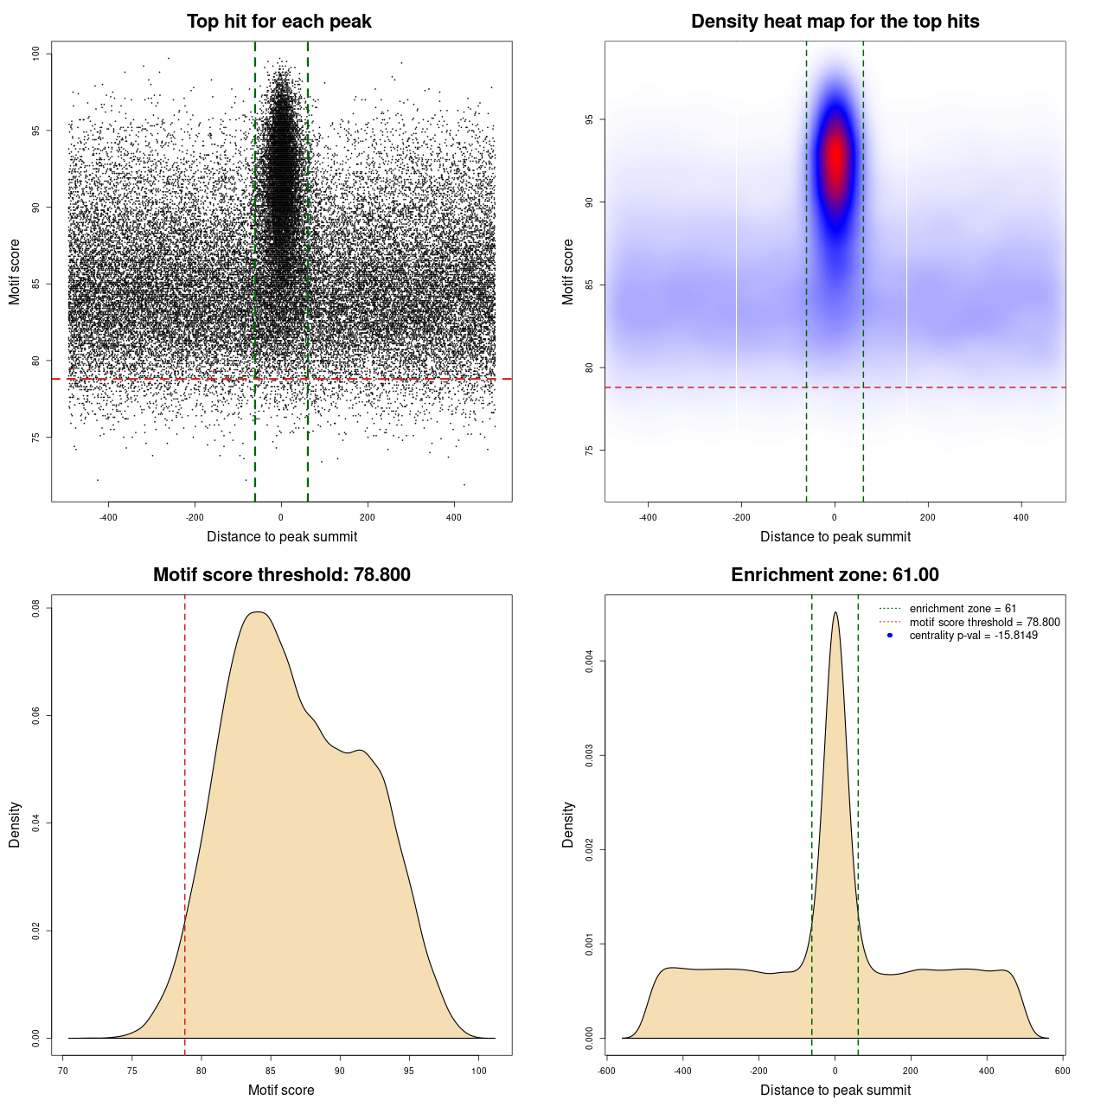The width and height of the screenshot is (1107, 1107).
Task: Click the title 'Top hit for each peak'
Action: (278, 22)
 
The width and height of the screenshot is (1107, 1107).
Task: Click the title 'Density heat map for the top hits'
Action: (835, 22)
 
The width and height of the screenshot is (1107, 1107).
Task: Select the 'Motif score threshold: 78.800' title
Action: (281, 575)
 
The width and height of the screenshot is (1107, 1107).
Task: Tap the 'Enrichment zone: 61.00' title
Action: (835, 575)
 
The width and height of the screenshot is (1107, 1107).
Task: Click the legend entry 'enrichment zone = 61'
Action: (963, 609)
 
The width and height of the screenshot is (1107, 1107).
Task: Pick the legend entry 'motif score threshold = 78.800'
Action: (984, 622)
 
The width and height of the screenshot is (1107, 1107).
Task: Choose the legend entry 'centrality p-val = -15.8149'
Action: (973, 636)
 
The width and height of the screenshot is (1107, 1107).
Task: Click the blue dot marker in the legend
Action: (890, 636)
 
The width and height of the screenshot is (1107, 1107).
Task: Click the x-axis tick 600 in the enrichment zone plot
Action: (1063, 1071)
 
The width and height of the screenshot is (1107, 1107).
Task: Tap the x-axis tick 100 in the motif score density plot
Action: (479, 1071)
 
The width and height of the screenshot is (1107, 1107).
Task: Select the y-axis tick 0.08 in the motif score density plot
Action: (36, 609)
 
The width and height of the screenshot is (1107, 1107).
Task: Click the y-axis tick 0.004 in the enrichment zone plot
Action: (590, 662)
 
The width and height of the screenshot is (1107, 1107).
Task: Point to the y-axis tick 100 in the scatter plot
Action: (36, 54)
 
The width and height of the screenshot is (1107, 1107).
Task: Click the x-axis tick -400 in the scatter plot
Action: (108, 517)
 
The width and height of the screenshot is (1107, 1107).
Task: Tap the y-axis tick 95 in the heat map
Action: (590, 119)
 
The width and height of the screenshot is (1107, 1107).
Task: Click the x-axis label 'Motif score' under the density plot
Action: (281, 1090)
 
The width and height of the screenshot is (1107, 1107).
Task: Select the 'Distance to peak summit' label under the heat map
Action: (835, 536)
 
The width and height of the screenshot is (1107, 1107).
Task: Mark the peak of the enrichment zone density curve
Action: (835, 613)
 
